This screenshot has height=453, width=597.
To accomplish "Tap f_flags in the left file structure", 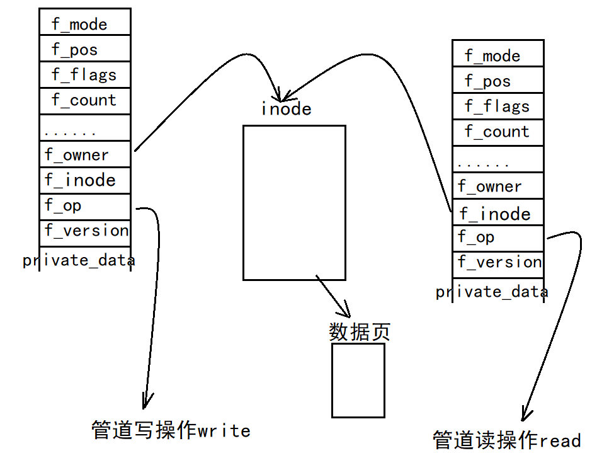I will [84, 75].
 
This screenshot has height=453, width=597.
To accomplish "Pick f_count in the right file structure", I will [497, 132].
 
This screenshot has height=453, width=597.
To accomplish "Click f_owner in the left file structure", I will [77, 155].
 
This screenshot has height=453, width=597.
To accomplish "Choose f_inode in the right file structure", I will [495, 214].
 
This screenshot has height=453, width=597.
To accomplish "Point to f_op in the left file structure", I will [63, 205].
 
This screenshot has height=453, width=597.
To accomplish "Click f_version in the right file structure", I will [499, 262].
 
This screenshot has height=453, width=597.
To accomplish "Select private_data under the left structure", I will [79, 260].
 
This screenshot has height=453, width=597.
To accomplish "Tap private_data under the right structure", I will [491, 291].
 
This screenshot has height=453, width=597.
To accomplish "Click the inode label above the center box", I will [287, 109].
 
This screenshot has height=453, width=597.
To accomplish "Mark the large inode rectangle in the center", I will [294, 202].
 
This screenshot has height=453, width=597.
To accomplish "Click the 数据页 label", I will [360, 331].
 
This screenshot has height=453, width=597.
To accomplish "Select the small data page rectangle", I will [358, 380].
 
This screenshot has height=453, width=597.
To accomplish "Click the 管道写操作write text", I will [171, 430].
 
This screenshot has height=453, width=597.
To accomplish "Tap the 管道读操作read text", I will [506, 440].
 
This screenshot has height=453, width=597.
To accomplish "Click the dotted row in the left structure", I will [71, 132].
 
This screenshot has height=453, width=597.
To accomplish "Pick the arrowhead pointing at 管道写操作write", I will [147, 401].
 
